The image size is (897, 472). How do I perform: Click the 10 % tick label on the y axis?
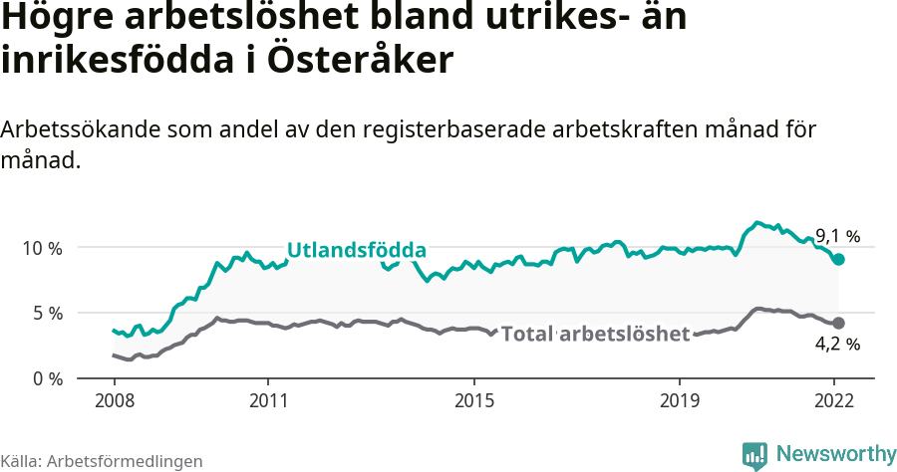coord(41,248)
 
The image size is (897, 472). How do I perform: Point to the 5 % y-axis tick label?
coord(45,314)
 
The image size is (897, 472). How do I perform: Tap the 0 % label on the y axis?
coord(45,378)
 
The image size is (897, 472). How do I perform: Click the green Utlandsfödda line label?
coord(356,250)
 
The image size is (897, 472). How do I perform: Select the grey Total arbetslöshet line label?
coord(595,334)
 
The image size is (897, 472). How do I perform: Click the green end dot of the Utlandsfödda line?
coord(839,259)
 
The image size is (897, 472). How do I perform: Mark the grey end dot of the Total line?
coord(839,323)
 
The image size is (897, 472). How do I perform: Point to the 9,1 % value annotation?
coord(837,236)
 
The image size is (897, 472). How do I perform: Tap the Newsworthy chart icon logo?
coord(754,455)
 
